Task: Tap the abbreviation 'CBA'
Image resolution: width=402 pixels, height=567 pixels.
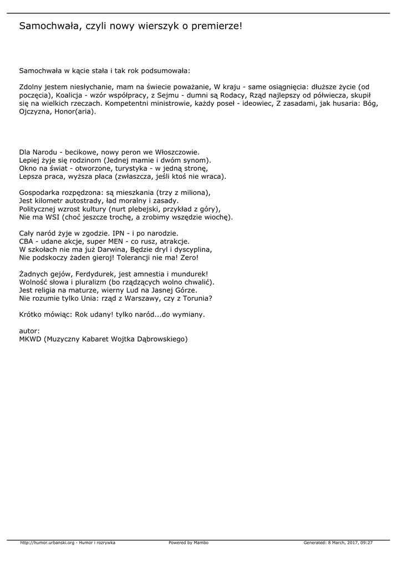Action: (x=27, y=241)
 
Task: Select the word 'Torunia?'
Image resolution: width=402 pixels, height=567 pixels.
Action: (x=197, y=298)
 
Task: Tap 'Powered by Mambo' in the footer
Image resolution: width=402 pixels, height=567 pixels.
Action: (x=189, y=543)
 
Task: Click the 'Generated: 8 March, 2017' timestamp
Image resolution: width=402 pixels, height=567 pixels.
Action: (x=338, y=543)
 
